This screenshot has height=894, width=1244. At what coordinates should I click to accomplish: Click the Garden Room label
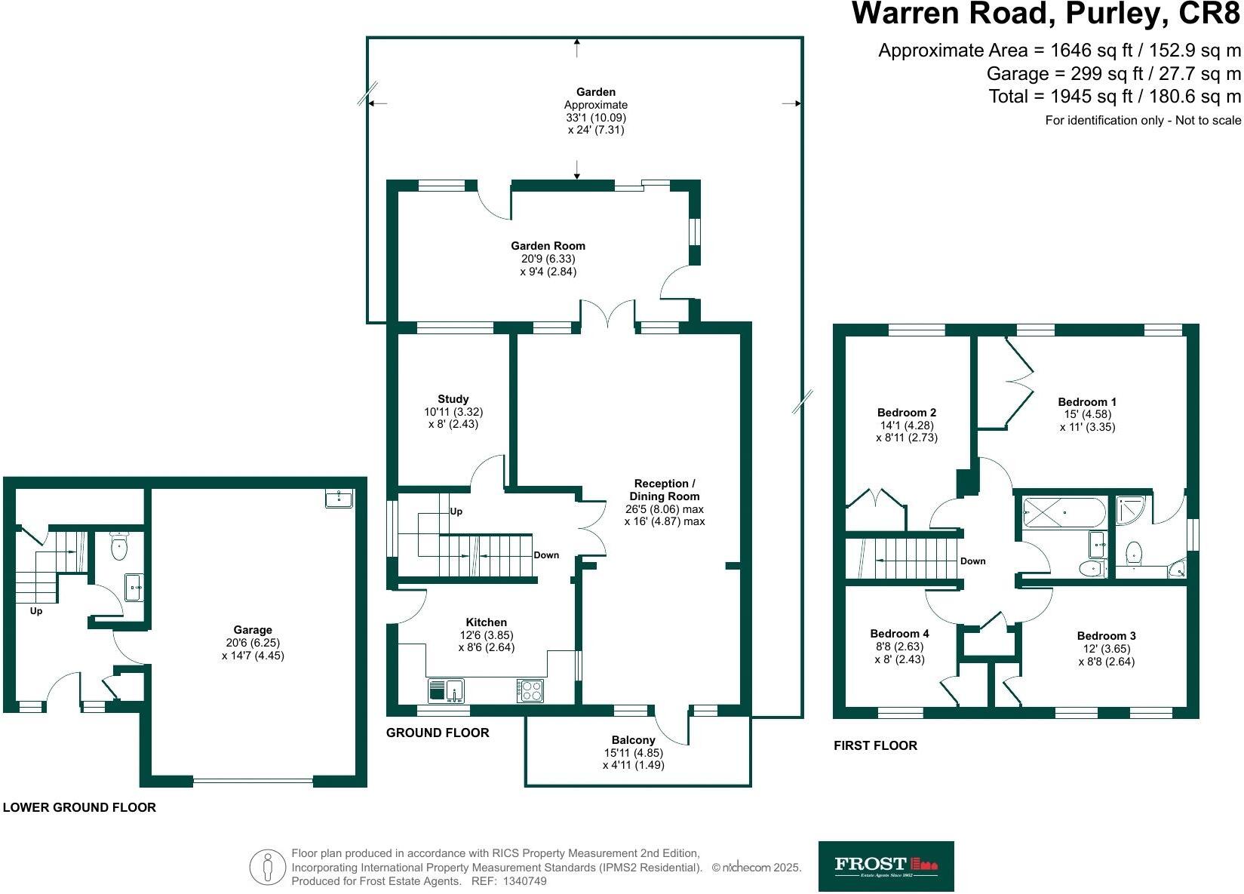tap(548, 246)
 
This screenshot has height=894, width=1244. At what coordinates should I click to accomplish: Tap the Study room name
tap(453, 399)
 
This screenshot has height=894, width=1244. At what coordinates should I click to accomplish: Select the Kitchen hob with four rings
tap(530, 690)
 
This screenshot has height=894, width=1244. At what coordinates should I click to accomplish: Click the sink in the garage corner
tap(339, 498)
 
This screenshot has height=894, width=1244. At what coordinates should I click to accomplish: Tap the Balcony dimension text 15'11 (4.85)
tap(633, 753)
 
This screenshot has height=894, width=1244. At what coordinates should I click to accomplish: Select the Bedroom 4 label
tap(899, 634)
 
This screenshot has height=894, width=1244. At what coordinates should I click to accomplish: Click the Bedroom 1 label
tap(1087, 402)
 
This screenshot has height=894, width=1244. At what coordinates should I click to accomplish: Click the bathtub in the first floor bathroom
tap(1064, 512)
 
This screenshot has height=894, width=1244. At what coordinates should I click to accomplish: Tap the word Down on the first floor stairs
tap(972, 561)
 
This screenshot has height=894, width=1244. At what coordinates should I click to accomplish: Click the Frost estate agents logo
tap(886, 866)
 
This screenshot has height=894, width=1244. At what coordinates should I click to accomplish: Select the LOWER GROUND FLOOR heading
tap(79, 807)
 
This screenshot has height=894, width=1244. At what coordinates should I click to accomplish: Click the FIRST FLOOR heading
tap(875, 745)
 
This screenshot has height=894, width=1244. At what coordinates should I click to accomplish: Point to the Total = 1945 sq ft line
tap(1114, 97)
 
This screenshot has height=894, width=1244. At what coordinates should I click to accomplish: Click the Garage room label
tap(253, 630)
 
